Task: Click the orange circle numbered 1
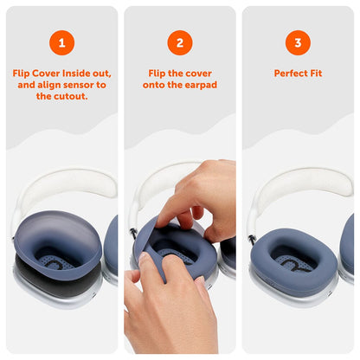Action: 61,42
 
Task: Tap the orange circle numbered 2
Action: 180,42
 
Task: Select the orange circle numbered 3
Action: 298,42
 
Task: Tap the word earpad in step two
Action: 199,86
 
